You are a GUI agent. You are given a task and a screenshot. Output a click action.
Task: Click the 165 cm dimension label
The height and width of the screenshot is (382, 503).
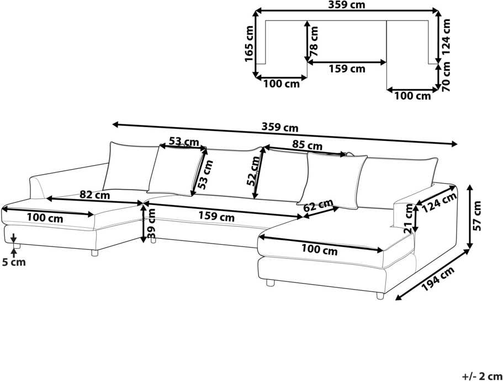coord(249,43)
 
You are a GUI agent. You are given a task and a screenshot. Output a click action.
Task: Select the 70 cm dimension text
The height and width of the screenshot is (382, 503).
coord(446,76)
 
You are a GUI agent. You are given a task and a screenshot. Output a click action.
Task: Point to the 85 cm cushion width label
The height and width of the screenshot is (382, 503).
coord(307,145)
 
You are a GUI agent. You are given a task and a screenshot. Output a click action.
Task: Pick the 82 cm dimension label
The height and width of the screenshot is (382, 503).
coord(94,195)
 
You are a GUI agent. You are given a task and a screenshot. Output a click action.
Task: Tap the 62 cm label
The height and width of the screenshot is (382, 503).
coord(318,205)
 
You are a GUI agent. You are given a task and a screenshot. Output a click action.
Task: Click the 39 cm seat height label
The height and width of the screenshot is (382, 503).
coord(151,223)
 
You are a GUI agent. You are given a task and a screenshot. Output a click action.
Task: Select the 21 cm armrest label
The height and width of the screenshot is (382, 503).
coord(408,218)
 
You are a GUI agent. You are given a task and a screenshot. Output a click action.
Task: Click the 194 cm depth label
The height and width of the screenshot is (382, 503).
coord(438,279)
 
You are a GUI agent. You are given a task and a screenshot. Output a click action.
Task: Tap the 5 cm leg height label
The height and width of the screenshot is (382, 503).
coord(13,262)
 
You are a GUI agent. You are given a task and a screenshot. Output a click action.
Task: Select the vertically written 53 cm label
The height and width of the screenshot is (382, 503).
coord(205,174)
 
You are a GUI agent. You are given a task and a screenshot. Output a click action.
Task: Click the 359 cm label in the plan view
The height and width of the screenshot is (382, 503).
coord(346,5)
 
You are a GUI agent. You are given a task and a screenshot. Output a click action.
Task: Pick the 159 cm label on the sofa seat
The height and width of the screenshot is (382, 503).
coord(216,216)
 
